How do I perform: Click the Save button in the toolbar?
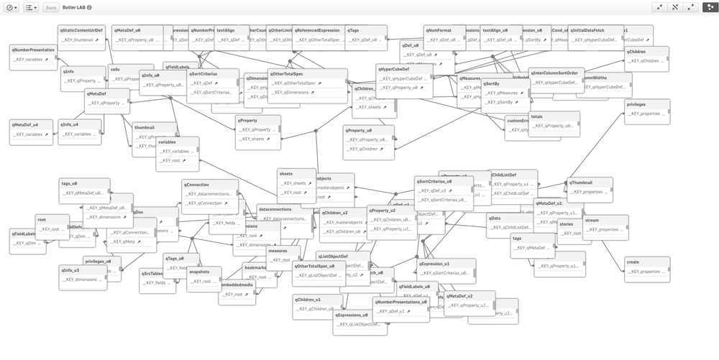[x=51, y=7]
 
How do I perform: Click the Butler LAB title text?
[x=74, y=7]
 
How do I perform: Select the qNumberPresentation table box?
[x=33, y=56]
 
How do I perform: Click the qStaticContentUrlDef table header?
[x=81, y=31]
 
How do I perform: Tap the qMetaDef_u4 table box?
[x=31, y=129]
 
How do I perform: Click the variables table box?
[x=177, y=152]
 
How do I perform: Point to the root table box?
[x=52, y=225]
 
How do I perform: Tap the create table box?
[x=642, y=267]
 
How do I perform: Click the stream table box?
[x=605, y=225]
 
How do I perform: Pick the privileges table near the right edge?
[x=647, y=109]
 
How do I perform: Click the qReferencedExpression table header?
[x=316, y=31]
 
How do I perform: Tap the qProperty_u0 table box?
[x=368, y=135]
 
